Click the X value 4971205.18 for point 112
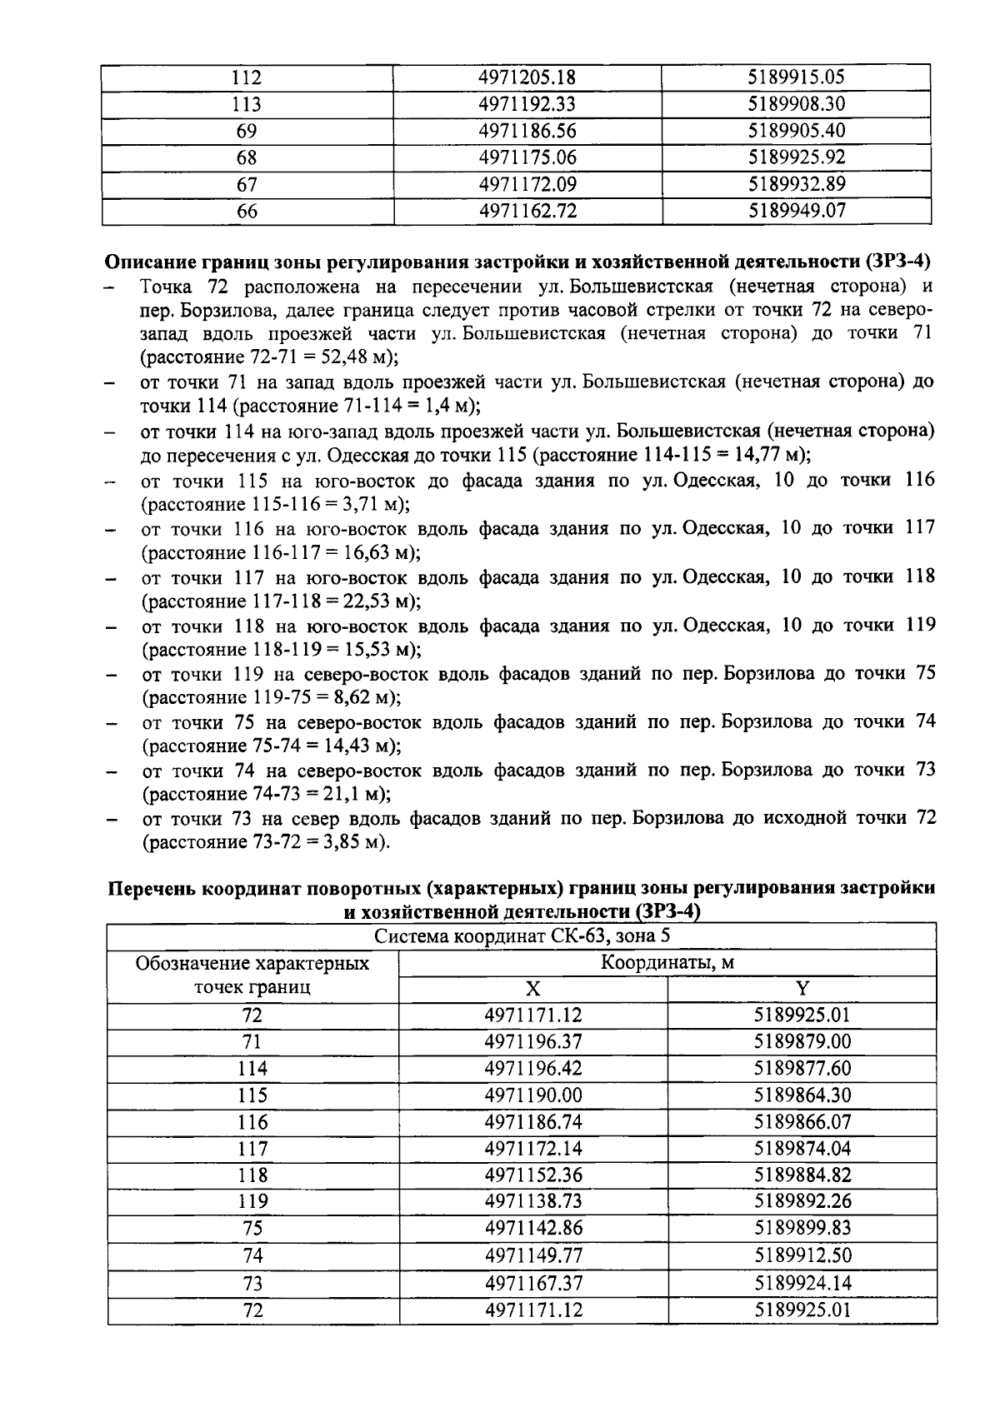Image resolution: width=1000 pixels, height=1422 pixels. pyautogui.click(x=527, y=77)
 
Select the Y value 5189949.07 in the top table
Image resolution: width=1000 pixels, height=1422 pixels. pyautogui.click(x=797, y=211)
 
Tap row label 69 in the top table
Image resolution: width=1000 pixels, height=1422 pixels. pyautogui.click(x=247, y=131)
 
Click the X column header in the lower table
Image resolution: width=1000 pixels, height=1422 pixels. pyautogui.click(x=532, y=989)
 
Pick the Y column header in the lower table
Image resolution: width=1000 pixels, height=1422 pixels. pyautogui.click(x=802, y=989)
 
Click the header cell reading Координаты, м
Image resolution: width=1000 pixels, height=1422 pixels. pyautogui.click(x=667, y=963)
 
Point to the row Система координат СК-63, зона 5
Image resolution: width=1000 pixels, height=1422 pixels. pyautogui.click(x=522, y=936)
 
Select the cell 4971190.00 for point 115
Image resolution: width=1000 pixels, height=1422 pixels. pyautogui.click(x=532, y=1095)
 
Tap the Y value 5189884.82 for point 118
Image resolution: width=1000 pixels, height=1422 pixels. pyautogui.click(x=802, y=1175)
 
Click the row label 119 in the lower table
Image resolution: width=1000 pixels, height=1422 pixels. pyautogui.click(x=252, y=1201)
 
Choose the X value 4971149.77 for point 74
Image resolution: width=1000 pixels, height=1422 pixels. pyautogui.click(x=532, y=1255)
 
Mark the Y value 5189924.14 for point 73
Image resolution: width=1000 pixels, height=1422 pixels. pyautogui.click(x=802, y=1283)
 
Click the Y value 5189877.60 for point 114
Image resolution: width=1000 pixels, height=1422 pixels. pyautogui.click(x=802, y=1069)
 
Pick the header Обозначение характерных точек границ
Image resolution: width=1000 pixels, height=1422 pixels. pyautogui.click(x=252, y=975)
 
